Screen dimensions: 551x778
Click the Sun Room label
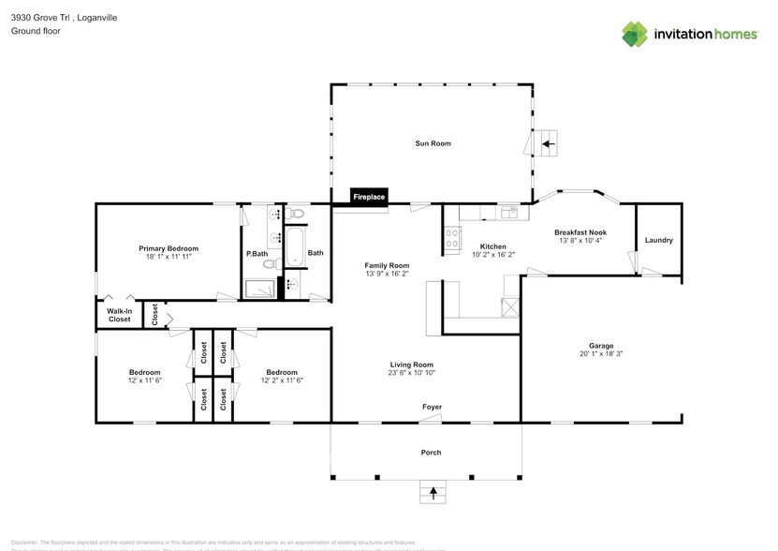pyautogui.click(x=433, y=143)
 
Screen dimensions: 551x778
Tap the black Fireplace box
pyautogui.click(x=369, y=197)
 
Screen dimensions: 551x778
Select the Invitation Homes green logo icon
pyautogui.click(x=635, y=34)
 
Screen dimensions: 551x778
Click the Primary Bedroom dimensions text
pyautogui.click(x=169, y=257)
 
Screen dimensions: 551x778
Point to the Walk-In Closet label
pyautogui.click(x=119, y=315)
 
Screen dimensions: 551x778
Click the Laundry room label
pyautogui.click(x=658, y=240)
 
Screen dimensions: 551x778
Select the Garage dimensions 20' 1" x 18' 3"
pyautogui.click(x=601, y=354)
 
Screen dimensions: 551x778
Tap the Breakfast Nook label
pyautogui.click(x=580, y=231)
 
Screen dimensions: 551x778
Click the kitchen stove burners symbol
pyautogui.click(x=451, y=238)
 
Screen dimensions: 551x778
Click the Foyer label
pyautogui.click(x=432, y=408)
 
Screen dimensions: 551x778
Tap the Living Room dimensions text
pyautogui.click(x=412, y=373)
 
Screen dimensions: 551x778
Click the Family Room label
pyautogui.click(x=387, y=265)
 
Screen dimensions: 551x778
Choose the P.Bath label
pyautogui.click(x=257, y=254)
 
